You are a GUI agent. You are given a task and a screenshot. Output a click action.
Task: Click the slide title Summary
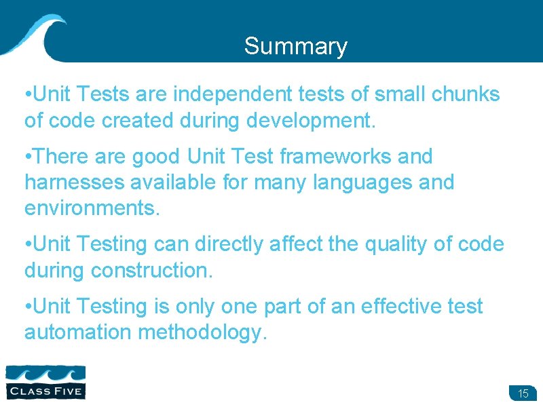pyautogui.click(x=295, y=47)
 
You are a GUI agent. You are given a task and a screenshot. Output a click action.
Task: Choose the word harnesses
pyautogui.click(x=71, y=182)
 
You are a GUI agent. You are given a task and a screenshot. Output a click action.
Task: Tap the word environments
pyautogui.click(x=92, y=208)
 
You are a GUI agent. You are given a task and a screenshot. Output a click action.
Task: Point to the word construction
pyautogui.click(x=152, y=270)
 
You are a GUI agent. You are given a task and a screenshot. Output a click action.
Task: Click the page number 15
pyautogui.click(x=523, y=393)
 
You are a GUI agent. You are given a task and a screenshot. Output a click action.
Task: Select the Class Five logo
pyautogui.click(x=45, y=381)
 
